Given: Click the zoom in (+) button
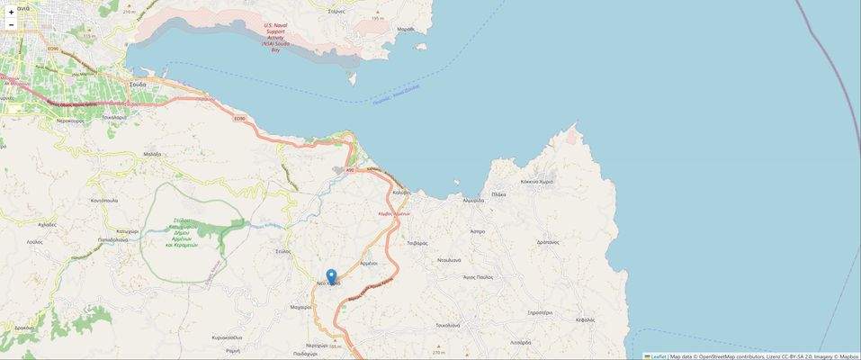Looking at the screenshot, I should (x=11, y=13).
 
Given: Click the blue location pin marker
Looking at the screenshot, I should (x=331, y=276).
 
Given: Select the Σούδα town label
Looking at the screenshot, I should (x=138, y=84).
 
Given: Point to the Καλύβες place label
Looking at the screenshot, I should (x=401, y=193).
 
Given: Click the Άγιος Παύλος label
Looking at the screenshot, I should (x=478, y=277).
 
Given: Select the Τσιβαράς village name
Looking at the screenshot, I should (x=417, y=244).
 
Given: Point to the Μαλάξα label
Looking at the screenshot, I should (x=151, y=154).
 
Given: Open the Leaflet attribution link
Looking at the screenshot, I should (x=659, y=356).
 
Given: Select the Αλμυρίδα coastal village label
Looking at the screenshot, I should (x=473, y=201).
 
